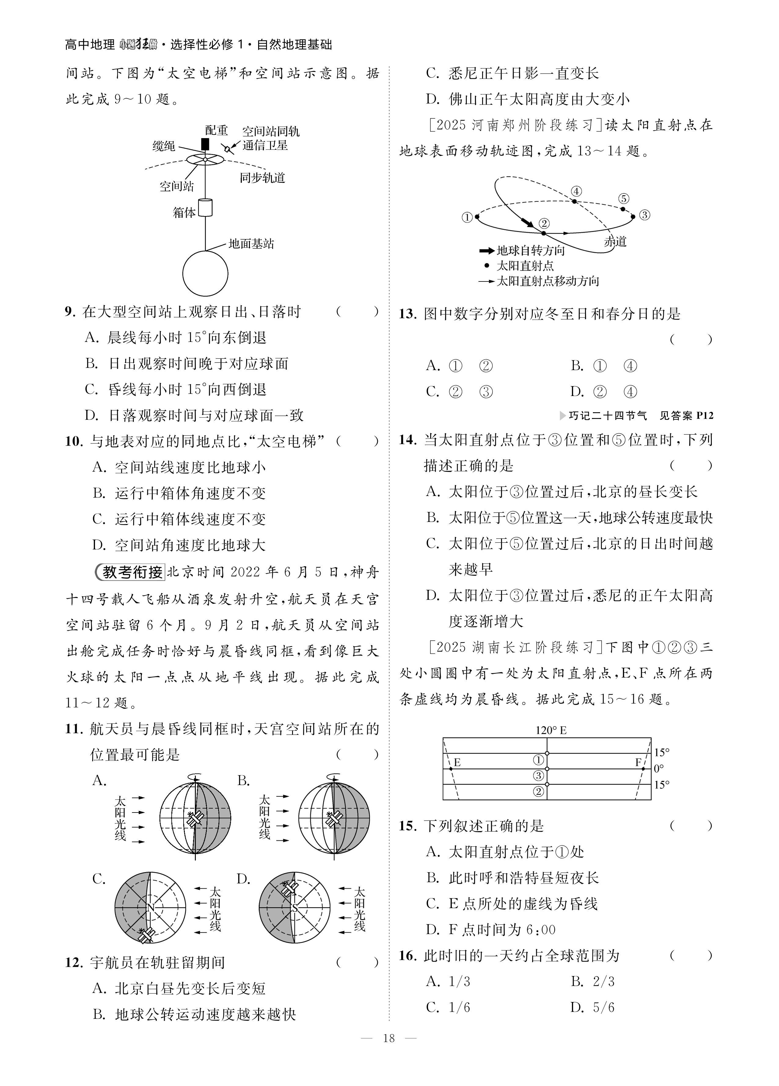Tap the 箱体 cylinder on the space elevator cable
[x=205, y=208]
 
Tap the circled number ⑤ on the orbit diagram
[x=623, y=198]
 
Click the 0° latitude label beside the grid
[x=659, y=769]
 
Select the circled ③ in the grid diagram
[x=539, y=775]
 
